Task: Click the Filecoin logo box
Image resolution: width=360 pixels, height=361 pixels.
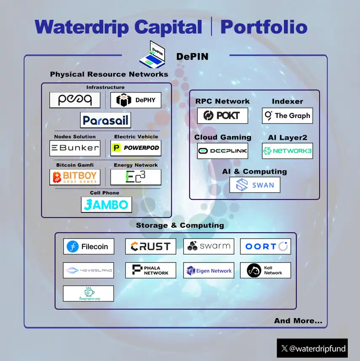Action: click(88, 247)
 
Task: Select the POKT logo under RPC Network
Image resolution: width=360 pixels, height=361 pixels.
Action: click(222, 116)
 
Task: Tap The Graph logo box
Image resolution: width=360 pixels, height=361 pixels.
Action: click(287, 116)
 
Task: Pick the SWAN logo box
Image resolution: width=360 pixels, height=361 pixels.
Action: click(255, 185)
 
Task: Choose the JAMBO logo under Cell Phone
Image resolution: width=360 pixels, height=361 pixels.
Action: click(107, 205)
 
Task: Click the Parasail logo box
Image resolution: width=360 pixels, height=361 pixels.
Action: click(105, 120)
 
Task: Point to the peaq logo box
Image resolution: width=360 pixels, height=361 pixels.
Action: click(75, 100)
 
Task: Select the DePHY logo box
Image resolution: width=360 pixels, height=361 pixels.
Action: click(136, 100)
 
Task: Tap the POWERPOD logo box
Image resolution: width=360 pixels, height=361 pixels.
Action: click(136, 148)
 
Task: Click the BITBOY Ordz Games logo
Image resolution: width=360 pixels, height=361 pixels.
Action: click(75, 177)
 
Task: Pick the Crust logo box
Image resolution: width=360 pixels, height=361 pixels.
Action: click(150, 247)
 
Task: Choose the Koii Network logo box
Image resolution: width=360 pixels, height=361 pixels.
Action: click(265, 270)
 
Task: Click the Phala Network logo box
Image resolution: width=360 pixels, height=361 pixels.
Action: click(150, 270)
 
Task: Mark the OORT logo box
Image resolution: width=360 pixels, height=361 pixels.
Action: click(265, 247)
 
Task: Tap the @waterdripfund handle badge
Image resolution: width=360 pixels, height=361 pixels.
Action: click(312, 348)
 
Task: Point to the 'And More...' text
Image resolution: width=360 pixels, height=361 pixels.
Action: click(298, 321)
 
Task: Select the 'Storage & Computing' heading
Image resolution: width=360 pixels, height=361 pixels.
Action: click(180, 226)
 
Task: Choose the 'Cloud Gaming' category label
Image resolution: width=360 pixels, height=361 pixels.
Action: click(222, 137)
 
